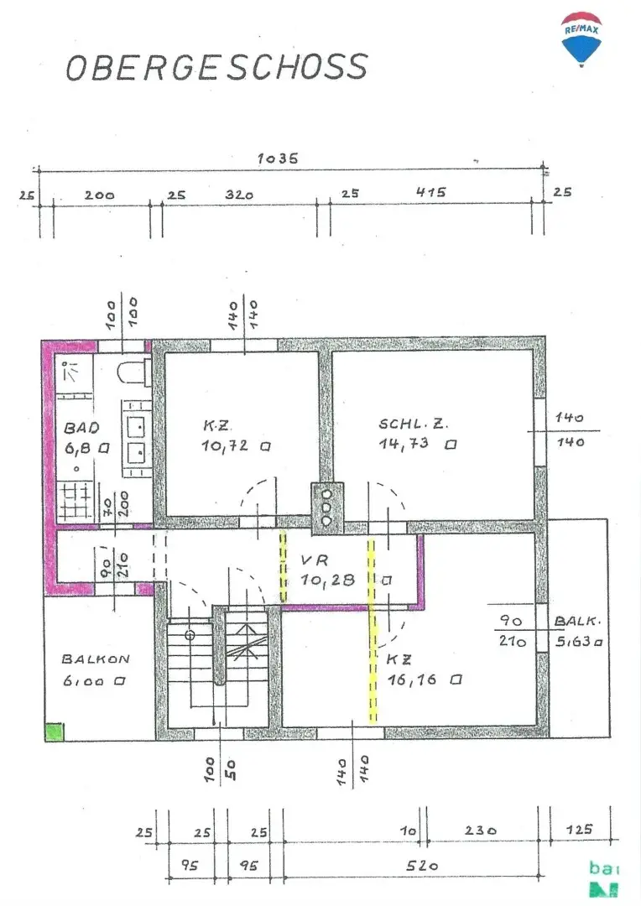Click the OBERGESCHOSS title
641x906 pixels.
(x=216, y=67)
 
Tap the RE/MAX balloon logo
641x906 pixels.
(x=582, y=39)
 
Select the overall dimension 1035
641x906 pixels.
(x=279, y=158)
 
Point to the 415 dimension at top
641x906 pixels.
(x=430, y=192)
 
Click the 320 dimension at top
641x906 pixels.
(x=238, y=194)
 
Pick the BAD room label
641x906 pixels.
(x=81, y=428)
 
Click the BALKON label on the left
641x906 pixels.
(x=96, y=659)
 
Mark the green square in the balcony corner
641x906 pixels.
(x=55, y=732)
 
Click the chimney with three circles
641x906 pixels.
(x=327, y=507)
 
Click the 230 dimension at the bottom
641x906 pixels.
(x=482, y=830)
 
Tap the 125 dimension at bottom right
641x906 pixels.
(x=579, y=830)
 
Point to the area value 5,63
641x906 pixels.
(x=579, y=642)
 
